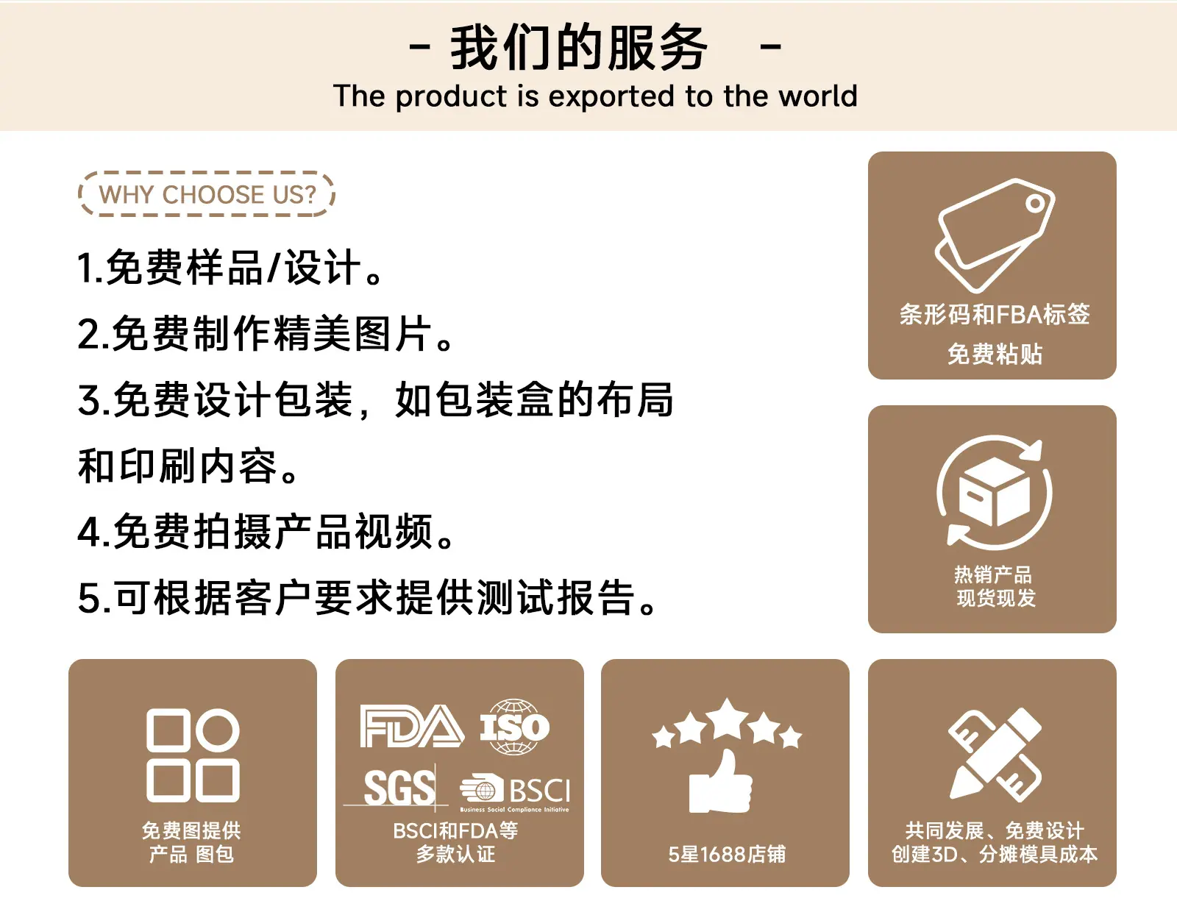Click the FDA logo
(x=412, y=727)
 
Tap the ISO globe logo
(x=514, y=727)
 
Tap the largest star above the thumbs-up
(x=728, y=719)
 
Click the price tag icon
(x=995, y=235)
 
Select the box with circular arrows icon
(x=995, y=492)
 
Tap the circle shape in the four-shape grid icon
(x=218, y=730)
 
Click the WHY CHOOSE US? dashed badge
(x=207, y=194)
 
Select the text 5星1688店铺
(x=726, y=854)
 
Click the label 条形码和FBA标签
(x=995, y=314)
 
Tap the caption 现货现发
(x=995, y=598)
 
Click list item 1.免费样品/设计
(x=230, y=268)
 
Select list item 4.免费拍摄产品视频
(x=266, y=532)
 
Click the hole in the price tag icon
(x=1035, y=204)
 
